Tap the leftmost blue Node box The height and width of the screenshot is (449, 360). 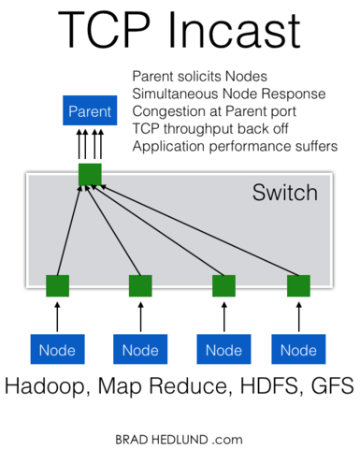(58, 350)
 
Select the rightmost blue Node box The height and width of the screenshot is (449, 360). (299, 350)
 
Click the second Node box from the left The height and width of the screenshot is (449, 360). (140, 350)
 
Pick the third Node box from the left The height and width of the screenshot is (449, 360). (223, 350)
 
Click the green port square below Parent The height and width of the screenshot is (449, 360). (90, 174)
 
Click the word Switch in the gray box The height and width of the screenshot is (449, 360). (285, 194)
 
